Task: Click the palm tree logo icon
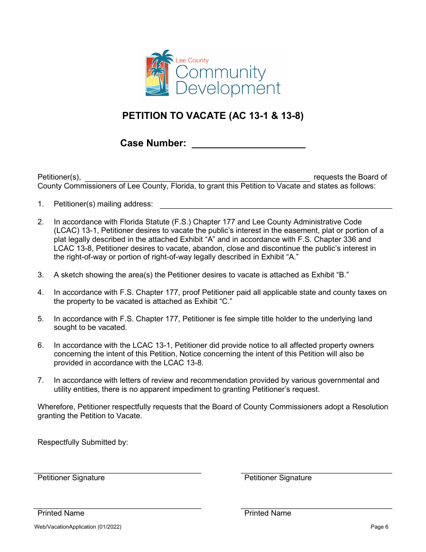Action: [x=157, y=73]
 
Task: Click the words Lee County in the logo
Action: [x=192, y=60]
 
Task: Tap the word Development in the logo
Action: [x=228, y=88]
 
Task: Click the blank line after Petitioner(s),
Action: [x=197, y=178]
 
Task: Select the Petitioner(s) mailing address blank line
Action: [x=276, y=205]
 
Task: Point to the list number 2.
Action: [x=41, y=222]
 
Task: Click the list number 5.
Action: [x=41, y=319]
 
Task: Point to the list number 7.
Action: [x=41, y=380]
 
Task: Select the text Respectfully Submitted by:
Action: [x=83, y=442]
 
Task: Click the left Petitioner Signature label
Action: [x=71, y=478]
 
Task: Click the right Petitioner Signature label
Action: [x=278, y=478]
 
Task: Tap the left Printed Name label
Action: [x=61, y=513]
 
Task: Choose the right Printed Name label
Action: [x=268, y=513]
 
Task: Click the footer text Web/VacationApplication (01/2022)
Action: [x=78, y=527]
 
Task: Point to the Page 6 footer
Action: [x=379, y=527]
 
